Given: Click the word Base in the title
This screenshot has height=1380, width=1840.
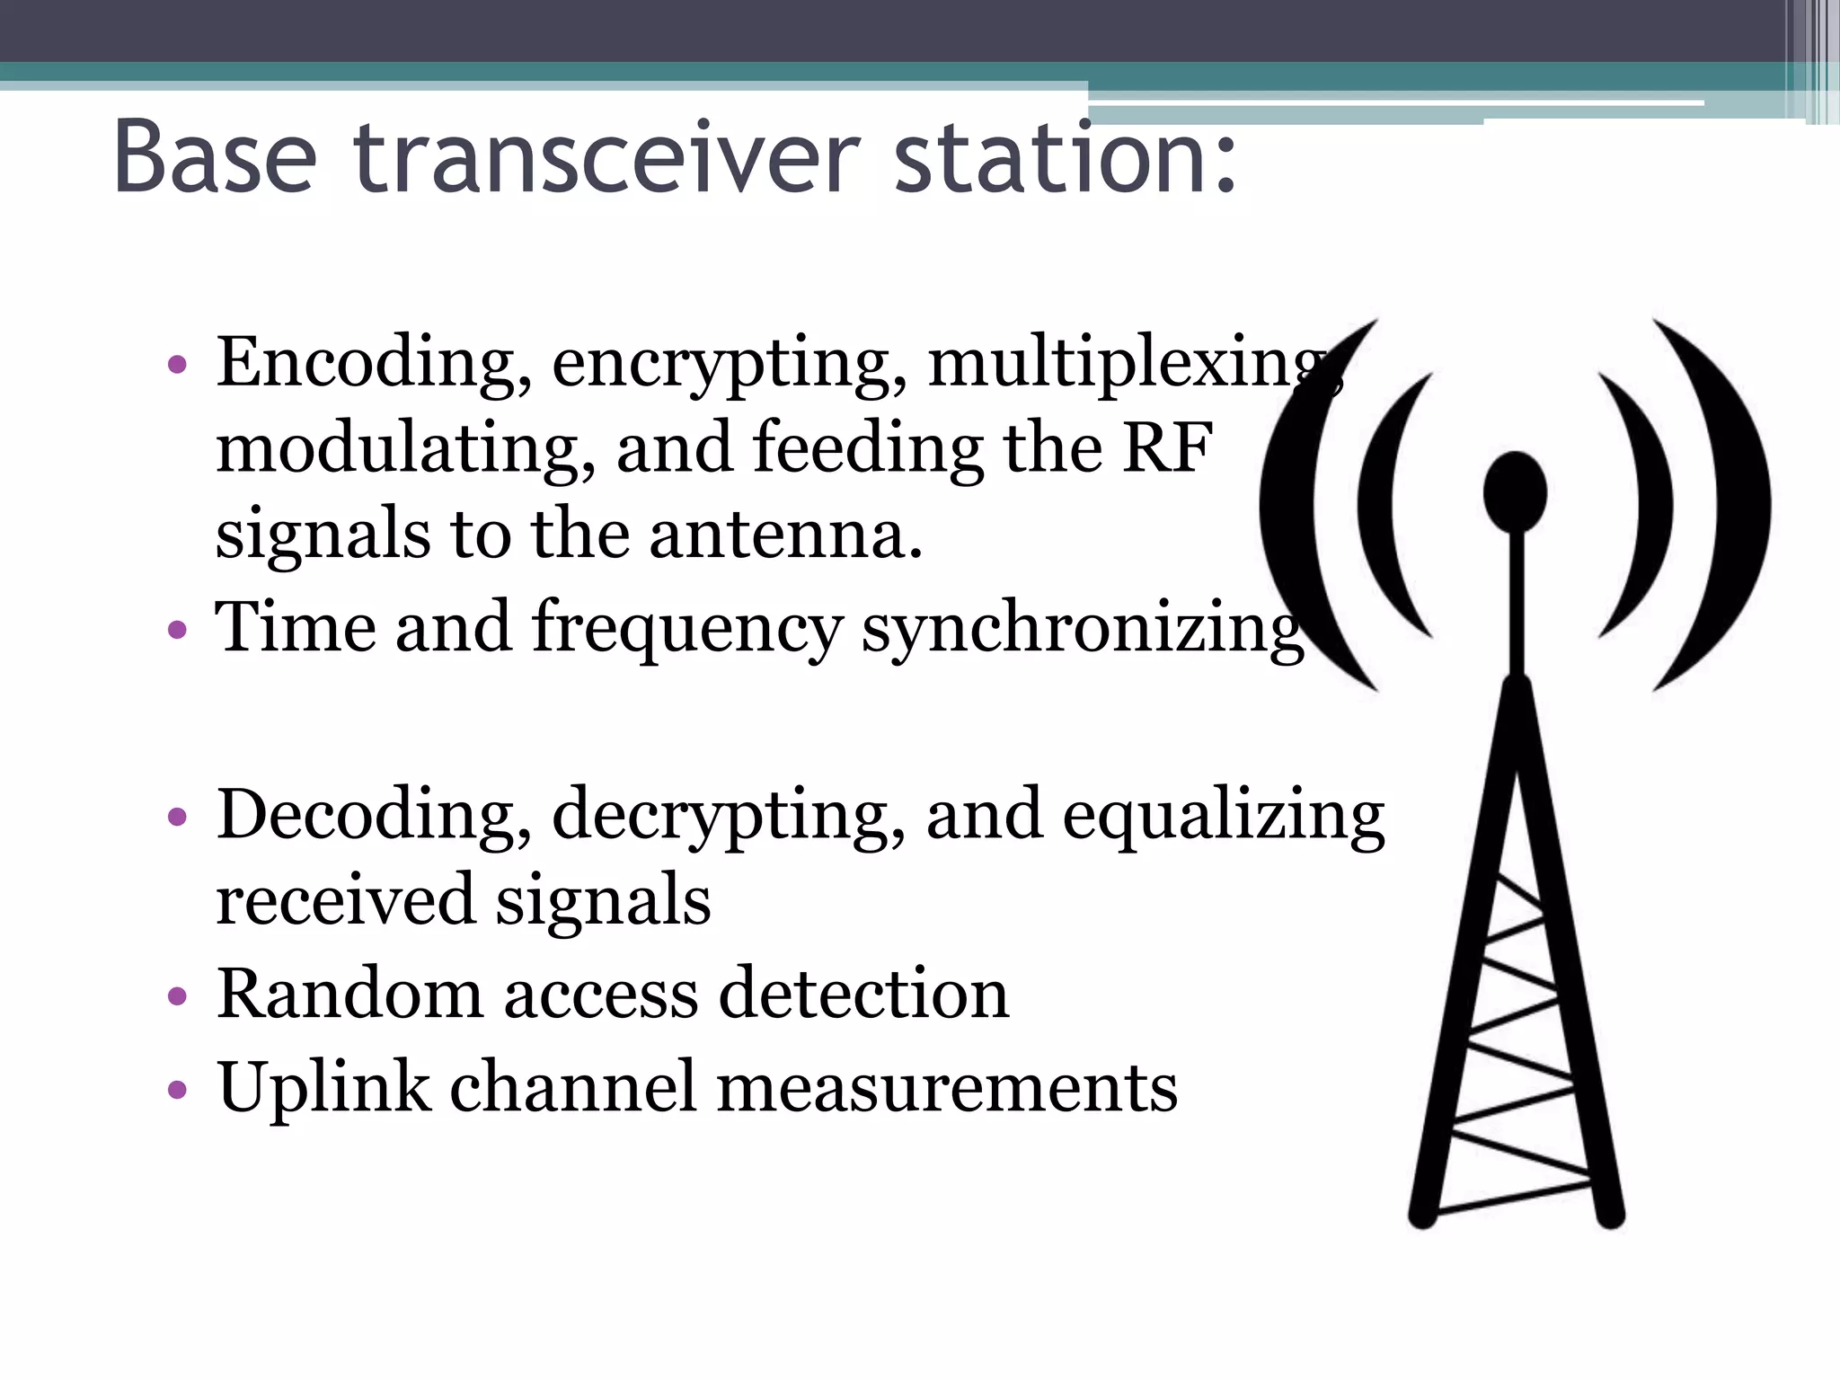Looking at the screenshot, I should click(216, 158).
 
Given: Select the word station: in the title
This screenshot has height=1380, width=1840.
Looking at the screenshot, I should click(1066, 158).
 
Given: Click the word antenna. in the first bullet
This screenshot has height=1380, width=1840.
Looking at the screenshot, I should click(786, 534).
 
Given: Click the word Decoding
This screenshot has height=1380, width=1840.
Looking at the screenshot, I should click(372, 816).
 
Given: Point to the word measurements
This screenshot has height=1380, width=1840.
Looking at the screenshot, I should click(947, 1087).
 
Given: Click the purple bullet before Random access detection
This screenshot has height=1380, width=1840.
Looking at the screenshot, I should click(178, 995).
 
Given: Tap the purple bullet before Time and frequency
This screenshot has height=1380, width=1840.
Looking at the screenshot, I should click(178, 629).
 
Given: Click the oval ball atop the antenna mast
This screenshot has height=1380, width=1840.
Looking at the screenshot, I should click(1515, 492).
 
